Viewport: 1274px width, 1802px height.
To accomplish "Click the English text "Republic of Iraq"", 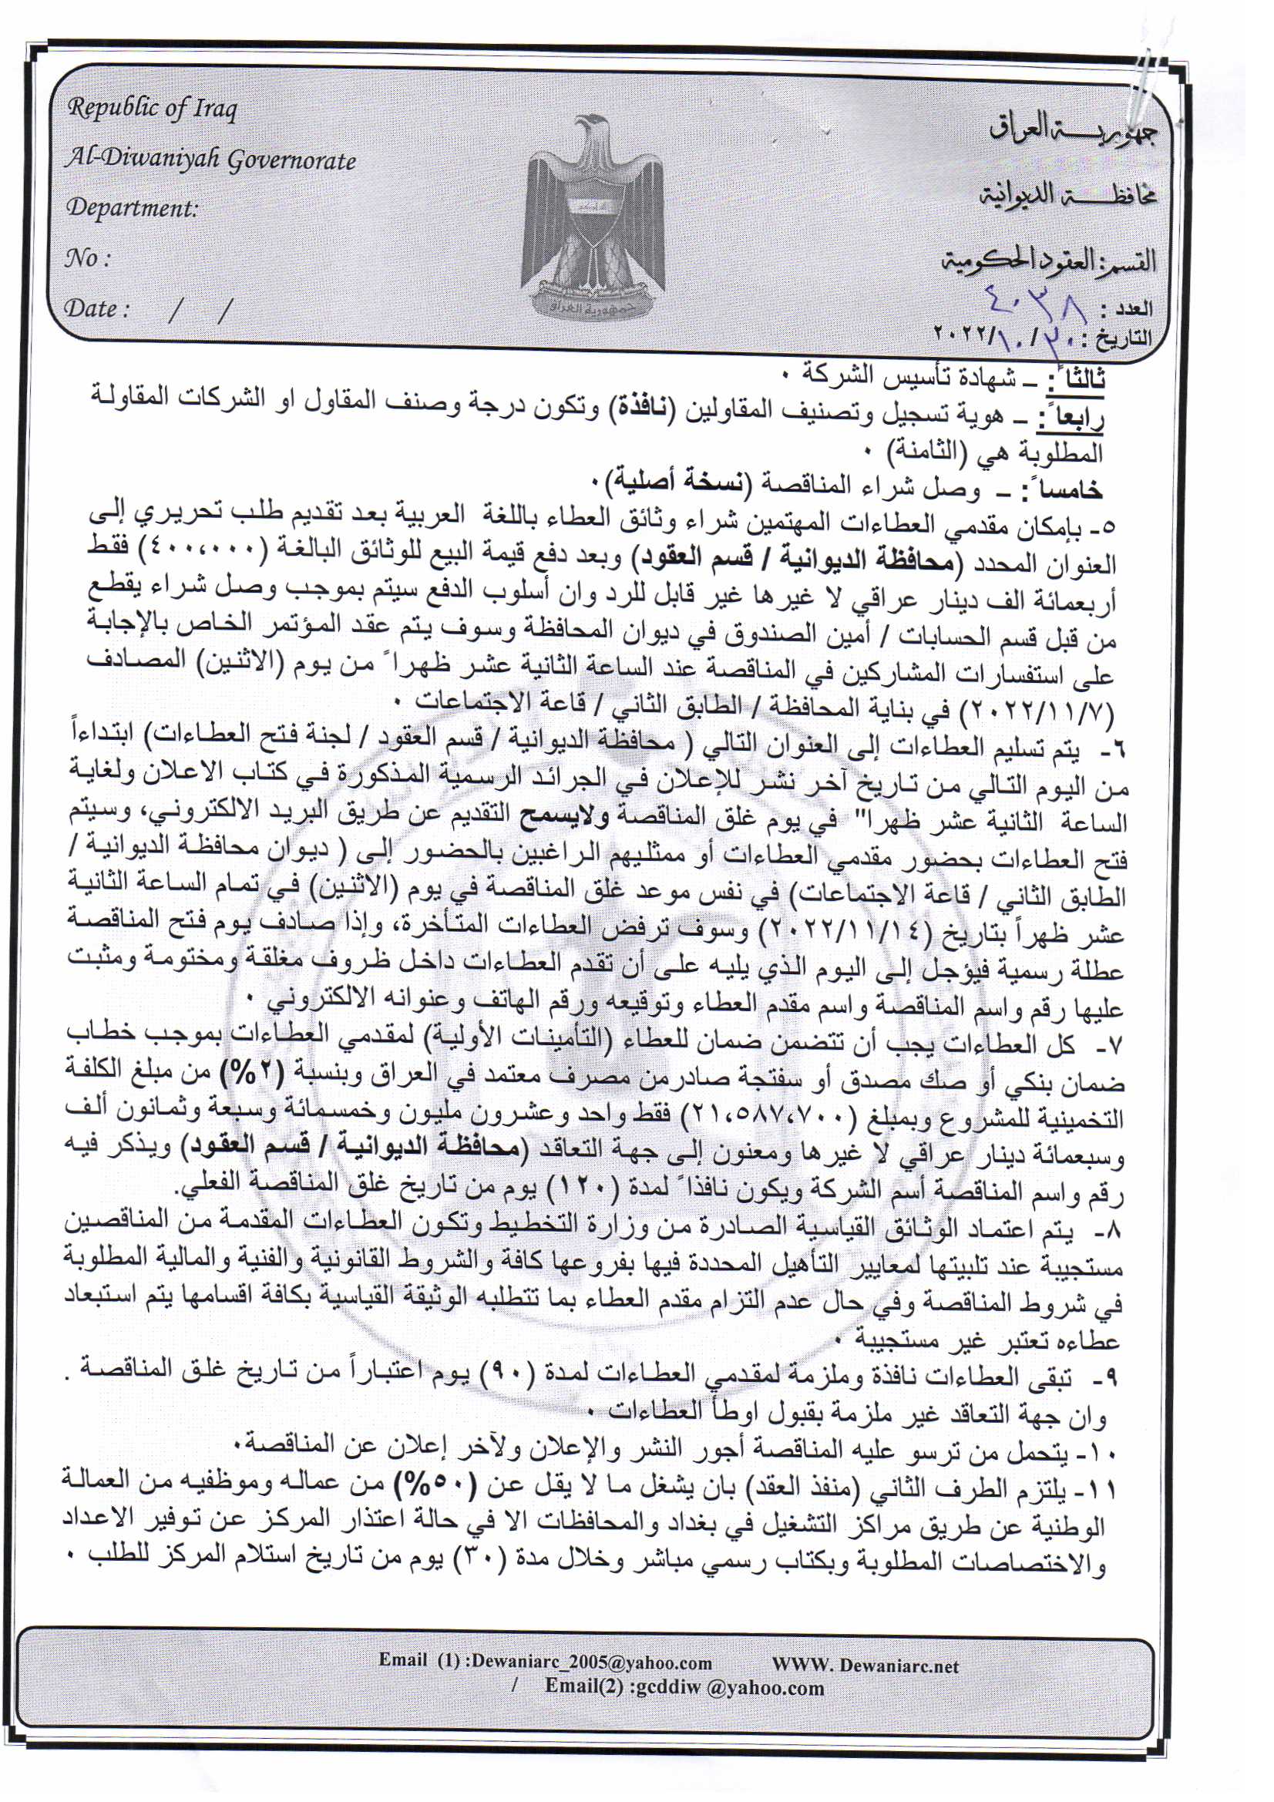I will tap(152, 109).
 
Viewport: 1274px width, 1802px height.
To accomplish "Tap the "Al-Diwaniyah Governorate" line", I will tap(210, 160).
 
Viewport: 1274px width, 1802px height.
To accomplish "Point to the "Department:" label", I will tap(132, 209).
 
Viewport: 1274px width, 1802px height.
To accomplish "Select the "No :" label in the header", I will tap(88, 258).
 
